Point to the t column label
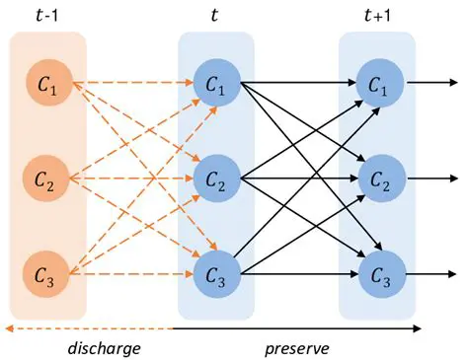(x=215, y=14)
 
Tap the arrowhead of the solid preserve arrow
(x=418, y=327)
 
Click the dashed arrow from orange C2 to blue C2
(x=128, y=179)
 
